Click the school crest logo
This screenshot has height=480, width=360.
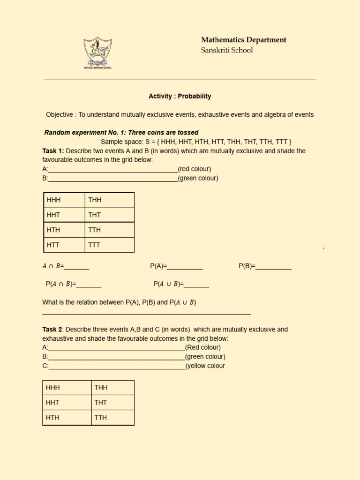pyautogui.click(x=97, y=52)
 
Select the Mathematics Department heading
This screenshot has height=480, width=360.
pyautogui.click(x=244, y=40)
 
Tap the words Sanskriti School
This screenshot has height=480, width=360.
pyautogui.click(x=227, y=50)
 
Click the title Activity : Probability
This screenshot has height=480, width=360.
pyautogui.click(x=180, y=96)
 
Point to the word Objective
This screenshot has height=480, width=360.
pyautogui.click(x=60, y=114)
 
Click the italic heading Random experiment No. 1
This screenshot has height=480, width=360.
pyautogui.click(x=121, y=133)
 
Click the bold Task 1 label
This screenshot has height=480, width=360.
pyautogui.click(x=52, y=151)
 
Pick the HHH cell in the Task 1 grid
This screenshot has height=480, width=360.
pyautogui.click(x=64, y=200)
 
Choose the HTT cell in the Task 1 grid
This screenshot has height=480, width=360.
pyautogui.click(x=64, y=245)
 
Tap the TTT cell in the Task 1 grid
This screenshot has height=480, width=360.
pyautogui.click(x=110, y=245)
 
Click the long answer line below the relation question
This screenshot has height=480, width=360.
pyautogui.click(x=146, y=314)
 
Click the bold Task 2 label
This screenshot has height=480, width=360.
pyautogui.click(x=52, y=330)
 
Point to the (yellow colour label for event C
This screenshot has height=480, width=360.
pyautogui.click(x=205, y=366)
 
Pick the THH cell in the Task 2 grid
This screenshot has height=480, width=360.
pyautogui.click(x=112, y=388)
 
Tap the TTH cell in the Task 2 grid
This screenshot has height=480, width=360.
pyautogui.click(x=112, y=418)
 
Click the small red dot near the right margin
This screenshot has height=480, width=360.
pyautogui.click(x=323, y=248)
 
